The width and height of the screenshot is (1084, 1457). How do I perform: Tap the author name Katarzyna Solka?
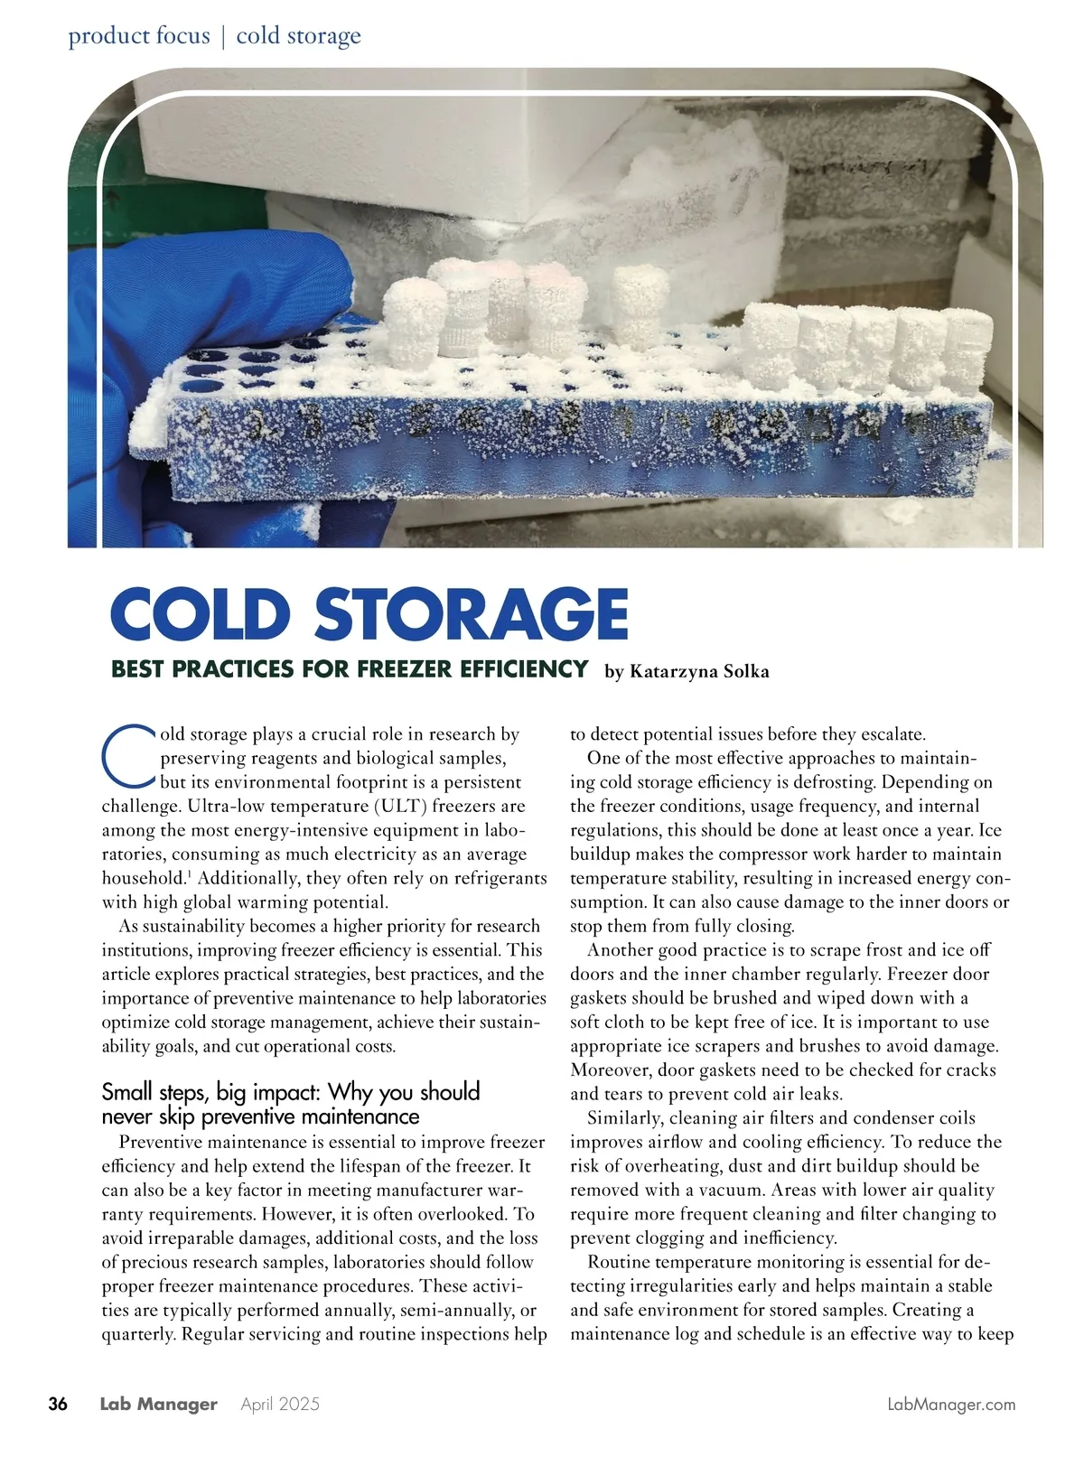point(698,671)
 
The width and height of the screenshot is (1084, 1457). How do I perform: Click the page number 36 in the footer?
point(58,1404)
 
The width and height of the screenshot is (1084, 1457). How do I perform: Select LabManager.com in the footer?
point(951,1404)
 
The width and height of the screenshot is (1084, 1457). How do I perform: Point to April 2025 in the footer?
point(280,1404)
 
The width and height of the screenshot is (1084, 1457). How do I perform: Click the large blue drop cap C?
point(127,755)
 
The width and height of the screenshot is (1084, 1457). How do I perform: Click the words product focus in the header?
point(138,36)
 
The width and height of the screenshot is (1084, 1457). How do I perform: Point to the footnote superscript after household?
point(188,873)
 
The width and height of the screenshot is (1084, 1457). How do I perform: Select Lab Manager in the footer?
point(158,1404)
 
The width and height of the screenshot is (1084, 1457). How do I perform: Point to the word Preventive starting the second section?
point(162,1143)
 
